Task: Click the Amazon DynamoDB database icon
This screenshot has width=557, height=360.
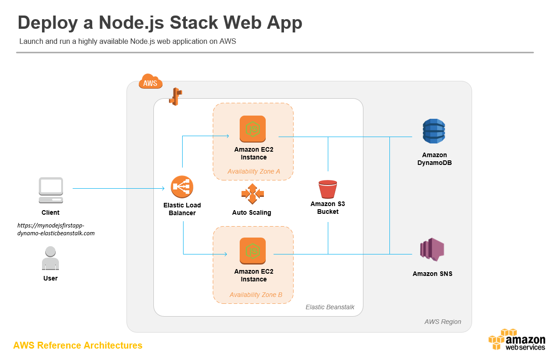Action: (x=433, y=132)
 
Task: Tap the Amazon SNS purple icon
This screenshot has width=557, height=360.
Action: (x=432, y=250)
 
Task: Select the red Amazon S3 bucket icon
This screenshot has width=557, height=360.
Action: (x=327, y=189)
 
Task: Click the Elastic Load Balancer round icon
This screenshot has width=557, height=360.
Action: (x=182, y=187)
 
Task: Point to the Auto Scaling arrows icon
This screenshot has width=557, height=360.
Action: (x=252, y=194)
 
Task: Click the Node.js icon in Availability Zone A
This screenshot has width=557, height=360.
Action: (x=252, y=128)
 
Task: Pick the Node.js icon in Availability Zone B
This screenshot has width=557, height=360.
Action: (x=252, y=250)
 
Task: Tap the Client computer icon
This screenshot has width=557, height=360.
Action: (x=51, y=191)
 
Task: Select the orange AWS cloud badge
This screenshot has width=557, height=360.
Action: (x=150, y=82)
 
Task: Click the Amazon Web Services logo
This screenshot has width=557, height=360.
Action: (x=517, y=340)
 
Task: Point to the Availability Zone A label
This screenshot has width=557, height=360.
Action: (x=254, y=172)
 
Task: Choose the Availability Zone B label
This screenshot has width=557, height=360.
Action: (x=256, y=295)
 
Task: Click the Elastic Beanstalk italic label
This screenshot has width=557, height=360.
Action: (x=330, y=307)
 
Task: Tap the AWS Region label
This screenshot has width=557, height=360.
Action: (x=442, y=322)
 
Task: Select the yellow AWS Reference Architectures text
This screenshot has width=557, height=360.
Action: (x=78, y=345)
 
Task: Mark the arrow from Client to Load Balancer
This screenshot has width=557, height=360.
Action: (x=119, y=188)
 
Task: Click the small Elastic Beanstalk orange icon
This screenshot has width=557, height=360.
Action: (x=175, y=97)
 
